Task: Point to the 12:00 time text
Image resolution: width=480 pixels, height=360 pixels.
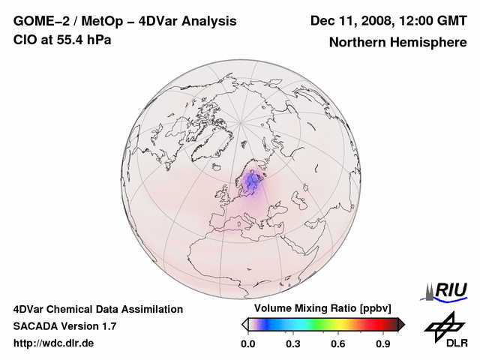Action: [415, 21]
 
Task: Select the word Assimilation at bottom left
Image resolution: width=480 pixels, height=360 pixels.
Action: [150, 309]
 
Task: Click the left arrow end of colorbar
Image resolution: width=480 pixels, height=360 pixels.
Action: [244, 324]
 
